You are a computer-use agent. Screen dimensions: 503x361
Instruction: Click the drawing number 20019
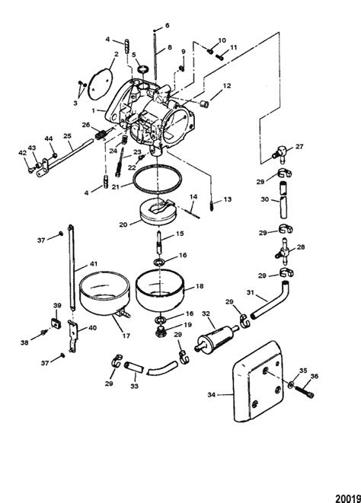click(344, 495)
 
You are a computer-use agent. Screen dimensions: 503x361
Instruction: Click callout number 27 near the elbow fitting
click(299, 146)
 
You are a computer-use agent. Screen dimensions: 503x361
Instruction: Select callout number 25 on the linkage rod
click(68, 138)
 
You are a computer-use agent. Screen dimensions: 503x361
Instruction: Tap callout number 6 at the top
click(168, 25)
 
